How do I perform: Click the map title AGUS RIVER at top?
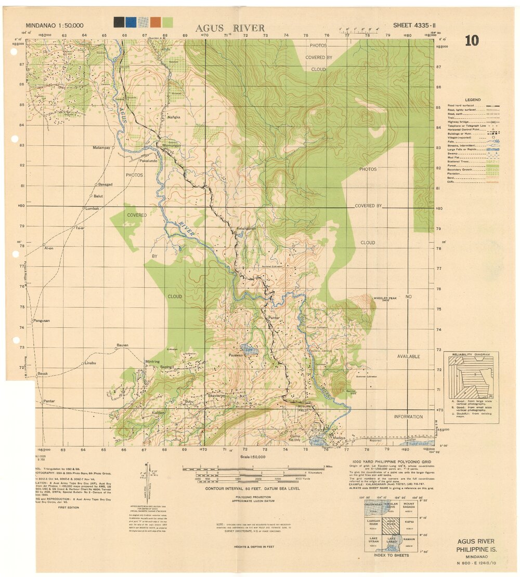(x=230, y=28)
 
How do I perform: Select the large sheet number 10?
(x=471, y=41)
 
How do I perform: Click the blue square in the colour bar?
(x=131, y=22)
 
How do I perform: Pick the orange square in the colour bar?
(x=155, y=22)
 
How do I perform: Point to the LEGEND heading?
(x=473, y=100)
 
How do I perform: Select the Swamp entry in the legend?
(x=455, y=153)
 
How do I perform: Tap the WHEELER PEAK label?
(x=385, y=298)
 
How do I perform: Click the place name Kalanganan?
(x=246, y=229)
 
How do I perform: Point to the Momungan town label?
(x=172, y=146)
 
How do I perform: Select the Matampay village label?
(x=101, y=148)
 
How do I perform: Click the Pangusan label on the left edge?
(x=42, y=320)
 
